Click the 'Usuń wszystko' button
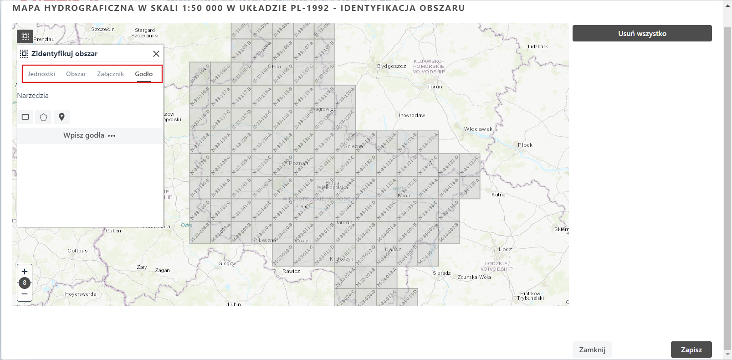click(x=642, y=33)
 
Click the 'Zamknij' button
click(x=592, y=350)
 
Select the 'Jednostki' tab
click(x=41, y=74)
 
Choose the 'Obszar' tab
click(x=76, y=74)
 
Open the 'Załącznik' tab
click(x=110, y=74)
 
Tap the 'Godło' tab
click(x=143, y=74)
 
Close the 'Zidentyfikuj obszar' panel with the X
click(x=156, y=54)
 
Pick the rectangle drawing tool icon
click(x=26, y=117)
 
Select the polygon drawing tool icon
click(x=43, y=117)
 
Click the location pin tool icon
click(x=61, y=117)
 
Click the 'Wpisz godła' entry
click(x=89, y=135)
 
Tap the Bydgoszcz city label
click(x=391, y=66)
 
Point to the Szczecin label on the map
click(x=103, y=29)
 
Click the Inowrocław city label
click(x=411, y=115)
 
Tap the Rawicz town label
click(x=291, y=271)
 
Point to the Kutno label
click(x=498, y=195)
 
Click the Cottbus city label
click(x=77, y=251)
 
